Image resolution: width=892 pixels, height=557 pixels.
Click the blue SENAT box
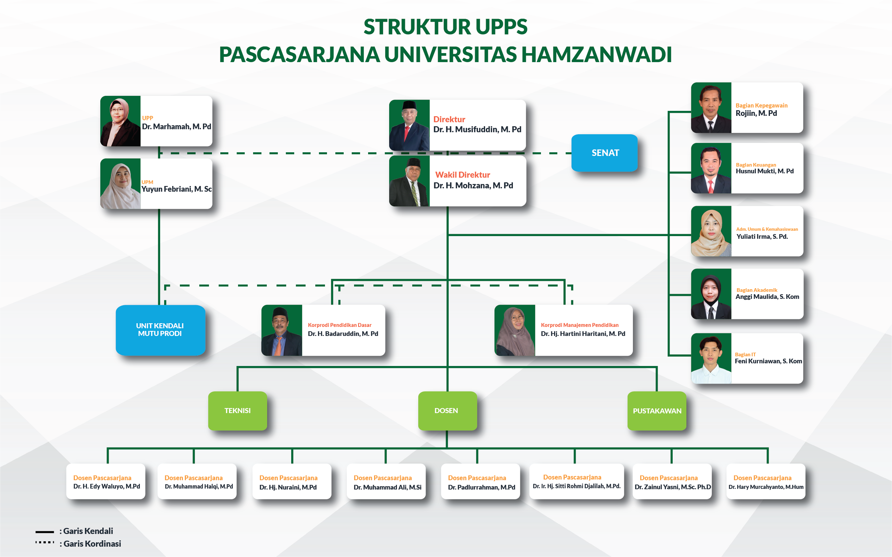tap(604, 153)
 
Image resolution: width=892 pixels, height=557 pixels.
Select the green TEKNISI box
tap(237, 411)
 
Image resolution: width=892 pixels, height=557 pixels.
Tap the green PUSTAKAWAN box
tap(657, 411)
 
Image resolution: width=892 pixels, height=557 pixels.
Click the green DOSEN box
tap(447, 411)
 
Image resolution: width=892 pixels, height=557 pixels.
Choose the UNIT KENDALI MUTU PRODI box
tap(160, 330)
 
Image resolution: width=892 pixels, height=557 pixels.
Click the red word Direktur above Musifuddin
tap(449, 119)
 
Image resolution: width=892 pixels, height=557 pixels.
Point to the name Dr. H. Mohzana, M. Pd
tap(473, 186)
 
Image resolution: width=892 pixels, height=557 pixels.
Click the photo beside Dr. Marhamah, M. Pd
tap(121, 121)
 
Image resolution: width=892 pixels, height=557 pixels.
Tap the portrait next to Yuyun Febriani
tap(121, 184)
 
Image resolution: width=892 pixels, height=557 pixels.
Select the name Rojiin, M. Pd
tap(756, 114)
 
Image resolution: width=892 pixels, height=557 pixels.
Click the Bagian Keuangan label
tap(756, 165)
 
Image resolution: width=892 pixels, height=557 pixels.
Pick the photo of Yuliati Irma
tap(711, 231)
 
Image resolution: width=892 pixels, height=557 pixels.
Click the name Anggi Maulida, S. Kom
tap(767, 297)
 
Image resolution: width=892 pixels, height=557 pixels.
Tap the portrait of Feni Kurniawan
tap(711, 358)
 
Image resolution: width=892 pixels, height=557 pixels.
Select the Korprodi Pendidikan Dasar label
tap(339, 325)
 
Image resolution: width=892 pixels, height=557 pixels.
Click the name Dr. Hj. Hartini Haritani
tap(583, 334)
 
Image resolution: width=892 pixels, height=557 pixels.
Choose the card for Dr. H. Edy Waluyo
tap(106, 482)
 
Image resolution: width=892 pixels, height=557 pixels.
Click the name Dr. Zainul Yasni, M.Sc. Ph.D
tap(673, 487)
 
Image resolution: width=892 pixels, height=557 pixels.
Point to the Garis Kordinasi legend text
tap(92, 544)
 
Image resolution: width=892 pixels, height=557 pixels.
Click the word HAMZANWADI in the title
tap(596, 54)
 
